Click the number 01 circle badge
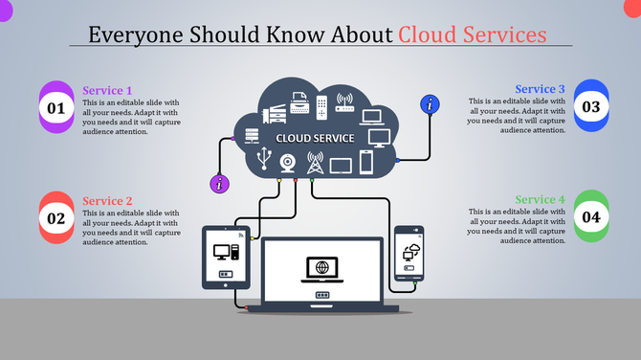point(56,108)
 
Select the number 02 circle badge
point(56,218)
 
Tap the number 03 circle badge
point(590,106)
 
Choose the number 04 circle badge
point(590,217)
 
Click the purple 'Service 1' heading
point(107,91)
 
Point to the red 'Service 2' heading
point(107,201)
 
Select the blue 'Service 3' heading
point(540,89)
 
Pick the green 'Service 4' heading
point(540,200)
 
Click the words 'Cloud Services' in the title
point(473,34)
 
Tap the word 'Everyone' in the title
point(133,34)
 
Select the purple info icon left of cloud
point(221,183)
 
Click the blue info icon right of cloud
point(431,104)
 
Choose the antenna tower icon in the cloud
point(315,162)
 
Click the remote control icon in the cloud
point(322,106)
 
